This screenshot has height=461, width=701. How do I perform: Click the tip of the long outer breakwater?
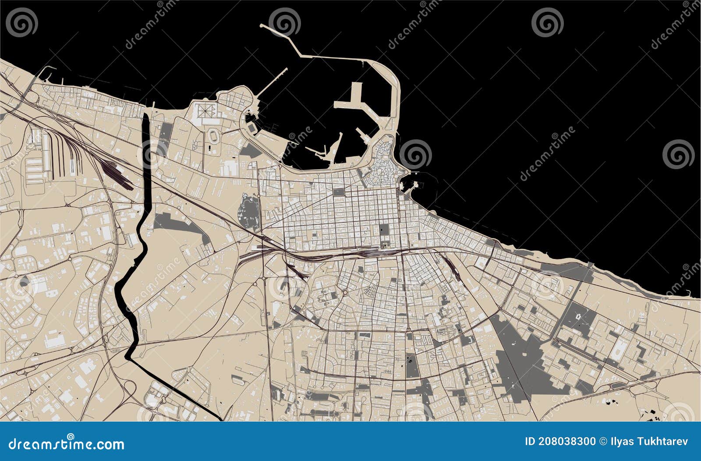(262, 26)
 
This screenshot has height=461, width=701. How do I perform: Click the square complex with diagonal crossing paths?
(205, 111)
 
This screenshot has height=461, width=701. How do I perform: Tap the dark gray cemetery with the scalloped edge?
(248, 213)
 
